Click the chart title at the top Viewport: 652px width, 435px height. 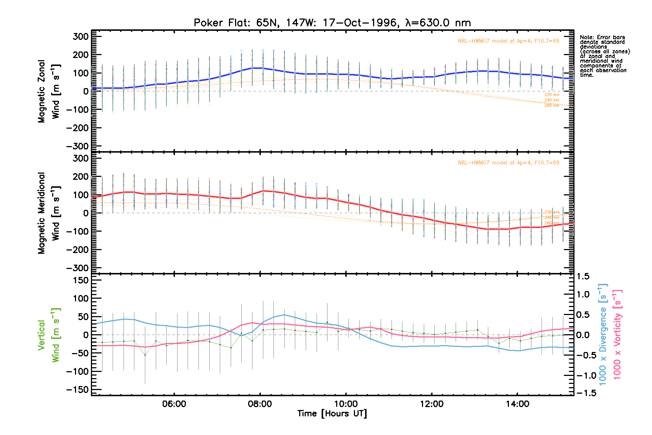coord(332,23)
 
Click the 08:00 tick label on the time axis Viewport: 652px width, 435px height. coord(260,404)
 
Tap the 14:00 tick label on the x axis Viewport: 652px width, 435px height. coord(517,404)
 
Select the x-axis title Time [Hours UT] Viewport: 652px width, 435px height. coord(332,414)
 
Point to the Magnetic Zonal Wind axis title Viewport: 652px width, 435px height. coord(49,91)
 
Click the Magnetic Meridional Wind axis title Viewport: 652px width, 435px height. coord(49,213)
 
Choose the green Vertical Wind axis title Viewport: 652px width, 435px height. coord(49,335)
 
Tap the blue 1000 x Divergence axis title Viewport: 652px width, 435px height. coord(603,334)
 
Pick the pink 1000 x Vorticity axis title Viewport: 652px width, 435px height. coord(617,334)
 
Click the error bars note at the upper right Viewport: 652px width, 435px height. coord(604,56)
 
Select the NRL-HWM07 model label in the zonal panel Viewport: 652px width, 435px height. coord(508,41)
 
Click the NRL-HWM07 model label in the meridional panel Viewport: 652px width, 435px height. coord(508,163)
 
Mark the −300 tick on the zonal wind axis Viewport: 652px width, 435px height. coord(77,146)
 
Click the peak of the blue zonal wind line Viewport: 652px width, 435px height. coord(257,68)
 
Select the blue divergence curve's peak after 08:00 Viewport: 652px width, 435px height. coord(284,315)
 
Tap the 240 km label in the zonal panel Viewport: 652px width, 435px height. coord(552,100)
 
